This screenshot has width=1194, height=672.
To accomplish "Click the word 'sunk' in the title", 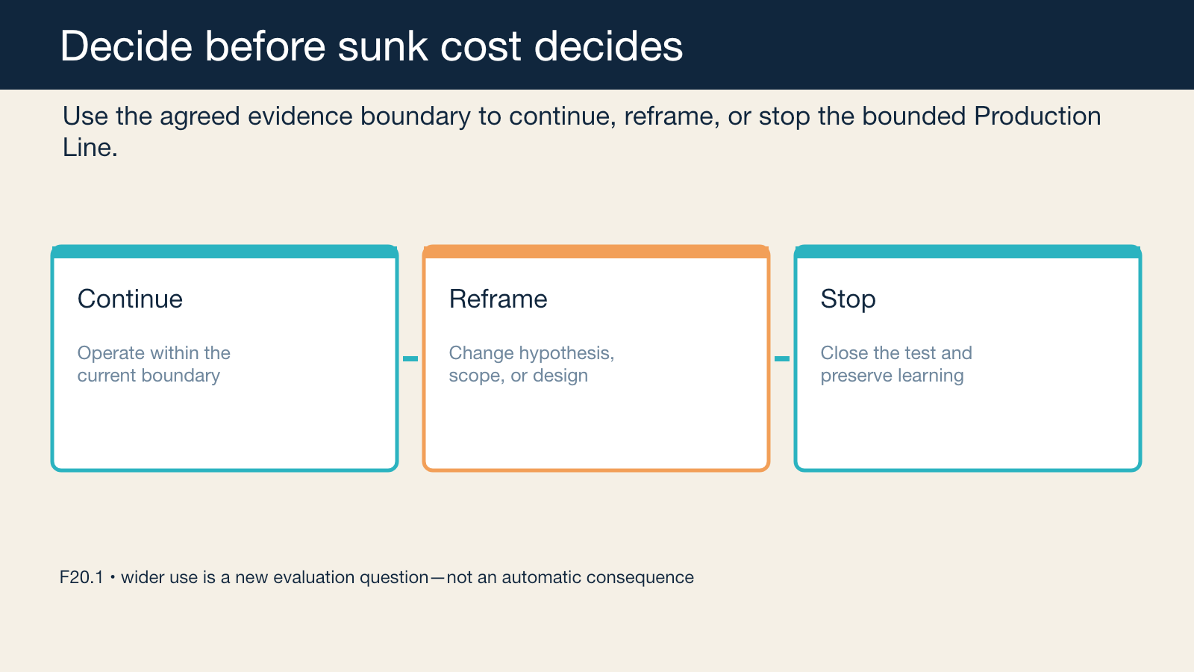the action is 383,46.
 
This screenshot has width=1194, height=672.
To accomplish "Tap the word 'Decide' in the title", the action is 126,46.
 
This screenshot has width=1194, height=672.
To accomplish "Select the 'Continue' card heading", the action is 130,299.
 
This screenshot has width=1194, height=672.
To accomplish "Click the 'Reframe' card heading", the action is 498,299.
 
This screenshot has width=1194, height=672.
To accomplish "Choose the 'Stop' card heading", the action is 848,299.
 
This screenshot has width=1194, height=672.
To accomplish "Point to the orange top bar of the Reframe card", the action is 596,252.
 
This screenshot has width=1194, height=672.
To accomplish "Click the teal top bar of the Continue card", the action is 225,252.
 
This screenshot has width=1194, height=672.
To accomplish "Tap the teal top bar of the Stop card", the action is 967,252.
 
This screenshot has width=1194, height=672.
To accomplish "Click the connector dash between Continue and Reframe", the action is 410,359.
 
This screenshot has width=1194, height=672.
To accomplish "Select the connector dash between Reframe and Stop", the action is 782,359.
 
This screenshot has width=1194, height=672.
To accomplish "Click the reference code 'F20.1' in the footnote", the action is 81,577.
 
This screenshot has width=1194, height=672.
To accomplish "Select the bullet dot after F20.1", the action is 113,577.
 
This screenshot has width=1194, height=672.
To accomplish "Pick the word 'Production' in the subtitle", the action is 1037,116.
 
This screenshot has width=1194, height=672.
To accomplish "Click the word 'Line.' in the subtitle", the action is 90,148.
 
